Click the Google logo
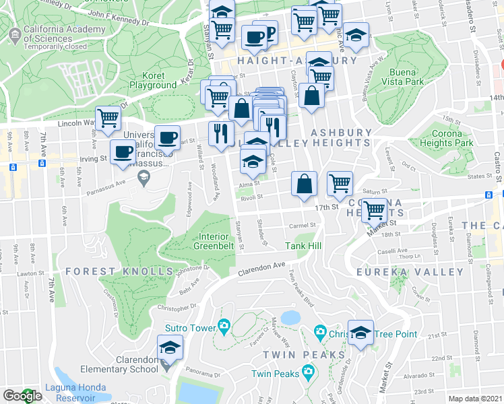pos(22,396)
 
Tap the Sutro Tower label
pos(189,328)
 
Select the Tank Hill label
pos(303,246)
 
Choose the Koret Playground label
pos(153,81)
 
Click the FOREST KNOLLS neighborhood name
pos(120,271)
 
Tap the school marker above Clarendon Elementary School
pos(169,349)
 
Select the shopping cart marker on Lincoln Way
pos(108,119)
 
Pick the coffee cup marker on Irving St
pos(123,151)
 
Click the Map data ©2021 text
pos(475,399)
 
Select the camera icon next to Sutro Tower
pos(224,328)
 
